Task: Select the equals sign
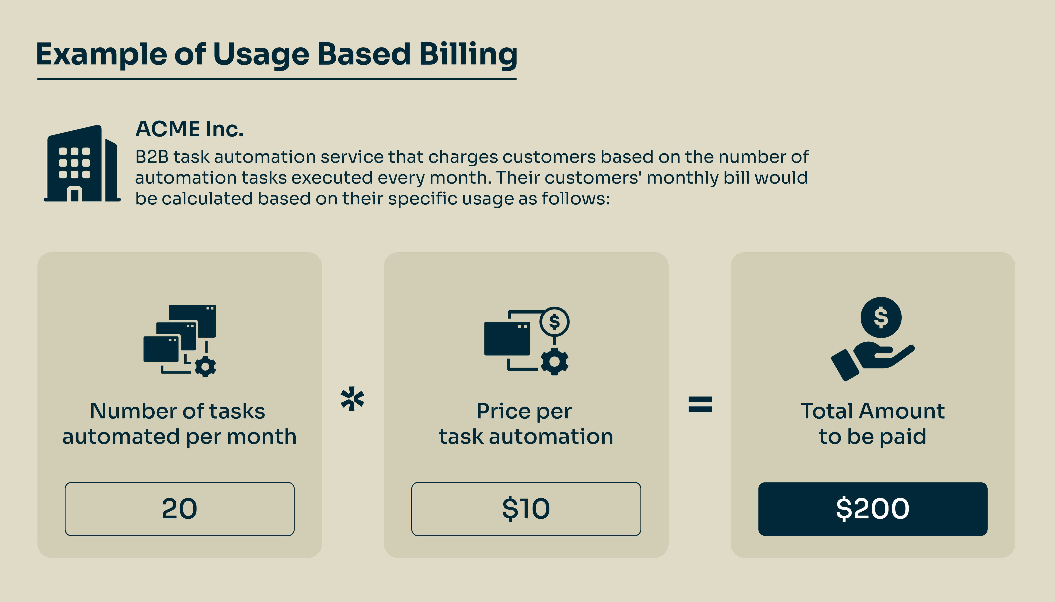point(700,404)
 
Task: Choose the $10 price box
point(526,509)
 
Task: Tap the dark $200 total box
point(873,509)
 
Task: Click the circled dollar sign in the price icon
point(555,322)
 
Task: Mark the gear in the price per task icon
point(555,361)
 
